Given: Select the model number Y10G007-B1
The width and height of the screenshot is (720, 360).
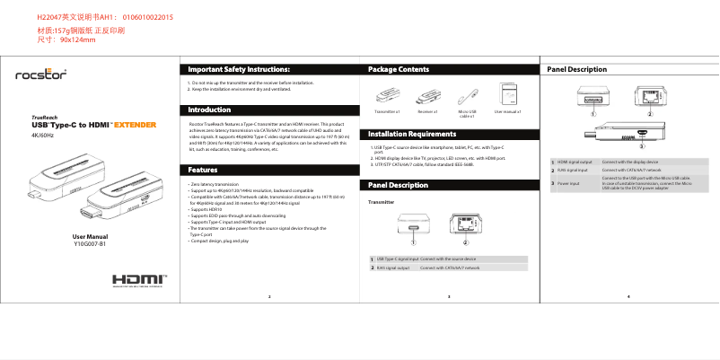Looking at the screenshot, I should (90, 243).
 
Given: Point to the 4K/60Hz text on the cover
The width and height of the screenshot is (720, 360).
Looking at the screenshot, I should (43, 135).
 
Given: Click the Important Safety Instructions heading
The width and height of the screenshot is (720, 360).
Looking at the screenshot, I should (239, 69).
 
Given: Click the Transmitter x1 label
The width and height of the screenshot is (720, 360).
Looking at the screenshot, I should (386, 113).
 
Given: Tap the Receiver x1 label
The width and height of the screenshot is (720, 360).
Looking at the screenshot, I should (426, 113).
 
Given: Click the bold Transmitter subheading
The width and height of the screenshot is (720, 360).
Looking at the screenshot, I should (382, 202).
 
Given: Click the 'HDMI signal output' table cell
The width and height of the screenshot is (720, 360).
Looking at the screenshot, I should (575, 161).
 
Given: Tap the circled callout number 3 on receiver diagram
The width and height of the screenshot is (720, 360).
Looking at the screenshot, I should (641, 143).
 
